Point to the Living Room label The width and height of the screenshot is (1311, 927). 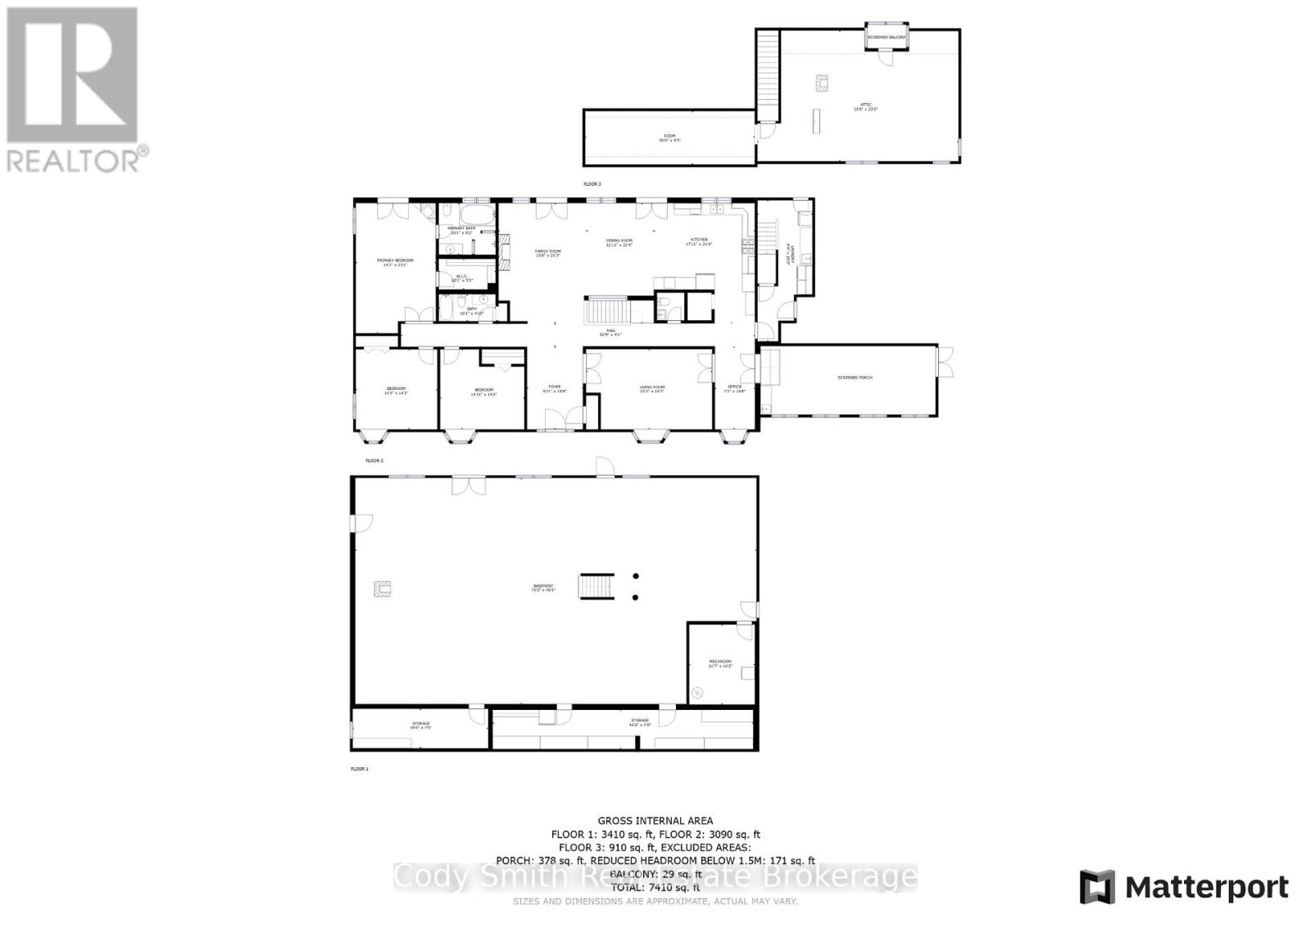[x=652, y=389]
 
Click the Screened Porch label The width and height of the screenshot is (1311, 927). [x=855, y=378]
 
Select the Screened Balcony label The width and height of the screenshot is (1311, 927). [x=887, y=37]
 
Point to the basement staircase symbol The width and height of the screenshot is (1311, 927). [x=596, y=587]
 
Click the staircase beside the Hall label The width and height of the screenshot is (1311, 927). [x=607, y=311]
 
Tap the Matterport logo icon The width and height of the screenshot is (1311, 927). [x=1097, y=888]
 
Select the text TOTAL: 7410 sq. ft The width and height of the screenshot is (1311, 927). [x=655, y=887]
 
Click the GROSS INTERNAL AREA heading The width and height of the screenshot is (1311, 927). [x=655, y=820]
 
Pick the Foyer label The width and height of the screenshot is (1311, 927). [x=555, y=387]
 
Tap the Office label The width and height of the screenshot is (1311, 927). [x=734, y=388]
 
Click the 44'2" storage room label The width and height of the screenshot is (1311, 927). [x=639, y=723]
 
